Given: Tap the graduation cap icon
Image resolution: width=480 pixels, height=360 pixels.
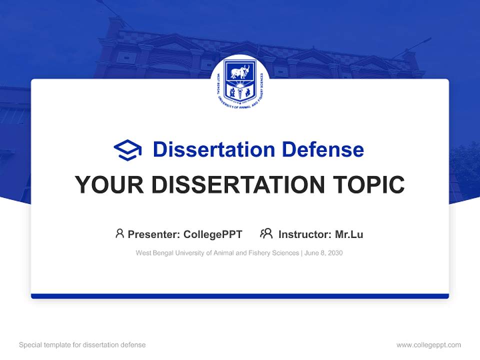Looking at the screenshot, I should [x=127, y=149].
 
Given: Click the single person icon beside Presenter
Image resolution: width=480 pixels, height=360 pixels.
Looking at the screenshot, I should [x=119, y=233].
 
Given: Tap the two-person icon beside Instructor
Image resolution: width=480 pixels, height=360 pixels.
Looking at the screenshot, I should [x=266, y=233].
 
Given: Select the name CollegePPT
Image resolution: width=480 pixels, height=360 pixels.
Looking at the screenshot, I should [x=213, y=234].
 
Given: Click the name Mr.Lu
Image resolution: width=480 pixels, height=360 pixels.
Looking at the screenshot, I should [x=349, y=234].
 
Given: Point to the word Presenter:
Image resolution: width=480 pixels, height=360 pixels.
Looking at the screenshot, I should [x=154, y=234].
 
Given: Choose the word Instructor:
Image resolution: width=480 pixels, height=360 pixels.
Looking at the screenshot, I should [x=304, y=234].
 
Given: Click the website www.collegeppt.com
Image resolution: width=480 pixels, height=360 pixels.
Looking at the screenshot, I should [x=428, y=345].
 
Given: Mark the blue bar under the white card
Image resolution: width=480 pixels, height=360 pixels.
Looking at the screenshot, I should [x=240, y=296].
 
